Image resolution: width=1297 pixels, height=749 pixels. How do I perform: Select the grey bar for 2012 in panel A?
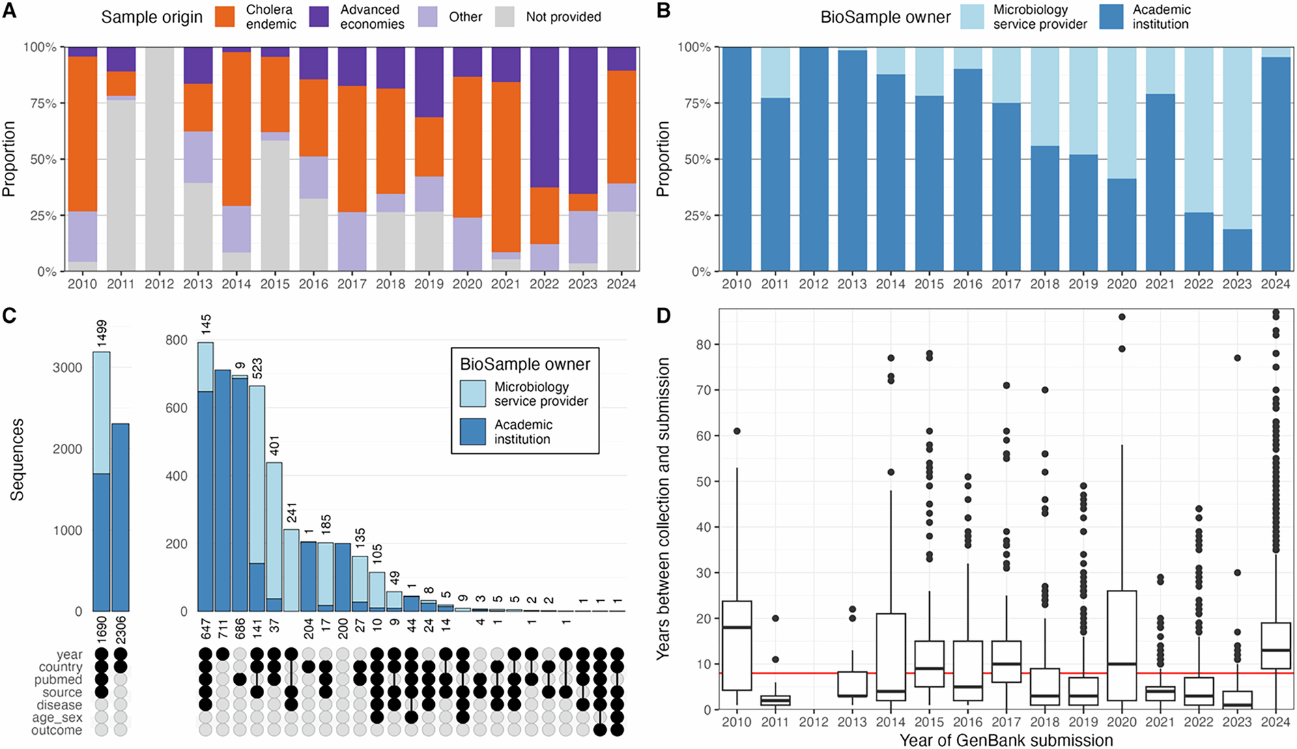[x=159, y=158]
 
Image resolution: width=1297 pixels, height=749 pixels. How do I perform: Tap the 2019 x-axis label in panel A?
[x=428, y=284]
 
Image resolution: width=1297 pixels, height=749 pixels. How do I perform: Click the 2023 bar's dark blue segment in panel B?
[x=1237, y=250]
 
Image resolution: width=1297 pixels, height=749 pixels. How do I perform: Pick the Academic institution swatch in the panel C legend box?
[x=472, y=432]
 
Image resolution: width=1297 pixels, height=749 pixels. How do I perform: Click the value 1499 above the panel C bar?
[x=102, y=335]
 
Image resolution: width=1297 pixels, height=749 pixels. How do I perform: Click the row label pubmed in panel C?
[x=59, y=680]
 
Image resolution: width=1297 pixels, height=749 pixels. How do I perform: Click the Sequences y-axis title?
[x=17, y=460]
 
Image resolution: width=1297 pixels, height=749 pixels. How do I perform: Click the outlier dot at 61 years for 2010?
[x=737, y=431]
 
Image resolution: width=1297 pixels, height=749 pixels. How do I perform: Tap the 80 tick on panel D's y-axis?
[x=704, y=344]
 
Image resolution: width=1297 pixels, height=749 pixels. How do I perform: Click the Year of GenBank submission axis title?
[x=1006, y=740]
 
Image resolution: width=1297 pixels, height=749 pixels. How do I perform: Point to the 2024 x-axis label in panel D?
[x=1275, y=722]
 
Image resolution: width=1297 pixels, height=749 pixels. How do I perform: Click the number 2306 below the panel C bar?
[x=121, y=628]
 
